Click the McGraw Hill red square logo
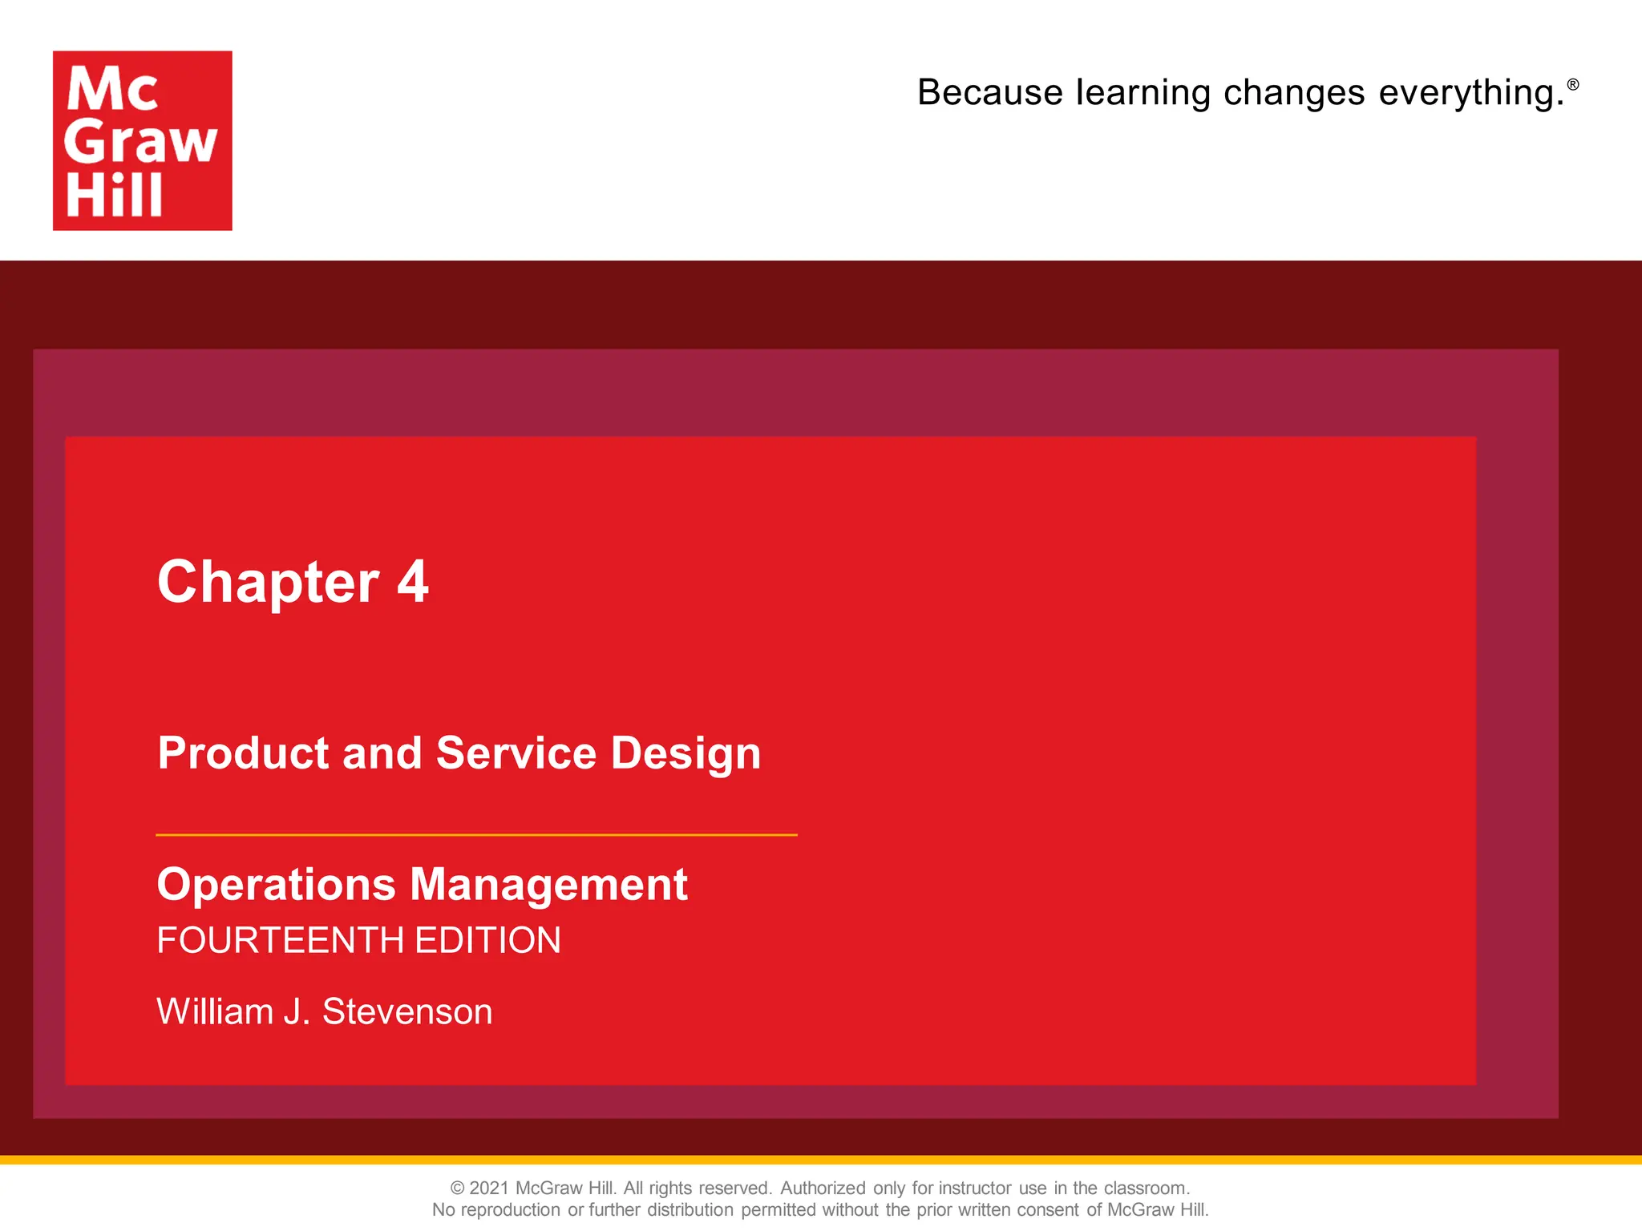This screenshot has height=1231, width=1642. [142, 140]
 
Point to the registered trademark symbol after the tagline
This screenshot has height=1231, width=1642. [1573, 84]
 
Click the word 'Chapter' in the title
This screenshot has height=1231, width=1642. [268, 583]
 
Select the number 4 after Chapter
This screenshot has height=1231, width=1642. [413, 582]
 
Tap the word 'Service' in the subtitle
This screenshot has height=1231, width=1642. [516, 754]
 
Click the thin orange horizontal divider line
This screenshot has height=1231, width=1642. [476, 835]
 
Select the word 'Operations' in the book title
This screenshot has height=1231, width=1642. [276, 885]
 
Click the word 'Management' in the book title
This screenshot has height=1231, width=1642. [548, 885]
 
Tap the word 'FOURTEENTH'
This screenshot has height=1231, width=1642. [280, 941]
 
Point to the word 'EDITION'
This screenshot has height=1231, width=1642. [487, 941]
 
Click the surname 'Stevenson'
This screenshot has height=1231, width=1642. [407, 1011]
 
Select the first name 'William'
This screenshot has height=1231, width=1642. [214, 1011]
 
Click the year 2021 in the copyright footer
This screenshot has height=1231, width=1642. [488, 1188]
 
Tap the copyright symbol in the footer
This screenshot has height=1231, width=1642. [457, 1188]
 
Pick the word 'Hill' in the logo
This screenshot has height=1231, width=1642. [114, 196]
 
